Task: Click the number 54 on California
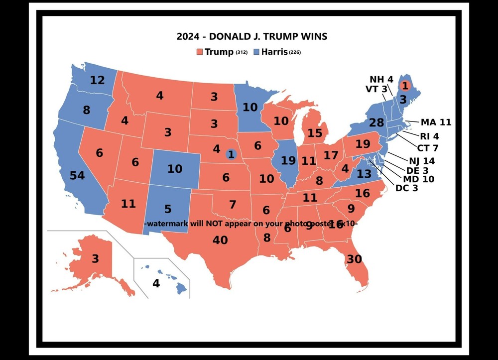[x=77, y=175]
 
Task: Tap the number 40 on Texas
[x=220, y=240]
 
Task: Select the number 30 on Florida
[x=354, y=259]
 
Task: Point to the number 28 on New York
[x=376, y=123]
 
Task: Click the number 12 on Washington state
[x=98, y=80]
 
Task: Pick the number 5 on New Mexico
[x=168, y=209]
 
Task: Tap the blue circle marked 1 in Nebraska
[x=231, y=154]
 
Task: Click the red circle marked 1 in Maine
[x=405, y=86]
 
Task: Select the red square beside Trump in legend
[x=200, y=52]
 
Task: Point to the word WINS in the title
[x=313, y=36]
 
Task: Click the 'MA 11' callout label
[x=436, y=122]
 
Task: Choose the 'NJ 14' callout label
[x=422, y=160]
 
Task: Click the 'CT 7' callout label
[x=428, y=147]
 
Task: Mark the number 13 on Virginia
[x=364, y=174]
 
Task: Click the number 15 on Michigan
[x=315, y=133]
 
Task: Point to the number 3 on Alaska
[x=95, y=259]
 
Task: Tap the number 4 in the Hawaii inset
[x=156, y=284]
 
